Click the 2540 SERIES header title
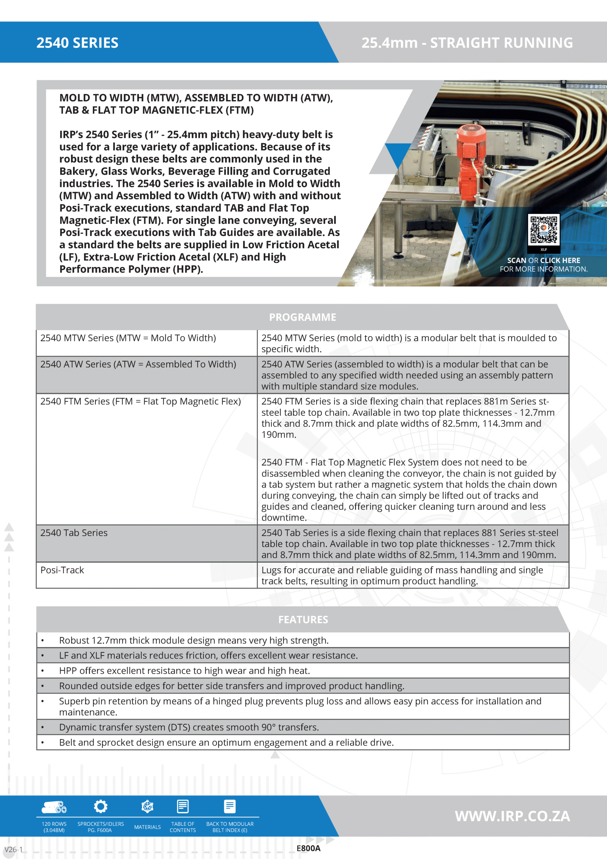pos(77,43)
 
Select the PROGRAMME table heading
pos(302,317)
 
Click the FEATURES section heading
pos(303,619)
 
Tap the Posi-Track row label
pos(62,570)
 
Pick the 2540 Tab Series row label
pos(74,533)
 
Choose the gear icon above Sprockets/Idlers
pos(101,806)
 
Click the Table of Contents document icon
pos(182,806)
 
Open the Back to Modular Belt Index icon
pos(230,806)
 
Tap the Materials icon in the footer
pos(147,806)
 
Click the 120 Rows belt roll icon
pos(54,807)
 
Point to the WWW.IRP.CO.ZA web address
pos(512,816)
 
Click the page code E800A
pos(308,849)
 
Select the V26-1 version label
pos(13,849)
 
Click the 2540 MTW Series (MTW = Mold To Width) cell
pos(128,338)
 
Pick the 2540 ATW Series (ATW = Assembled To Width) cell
pos(139,364)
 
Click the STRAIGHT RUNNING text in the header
pos(501,43)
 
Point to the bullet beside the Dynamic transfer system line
pos(43,727)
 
